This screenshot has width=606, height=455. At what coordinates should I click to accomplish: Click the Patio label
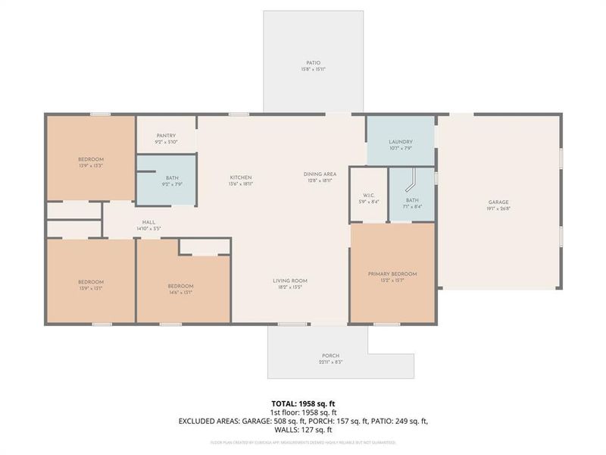pyautogui.click(x=314, y=63)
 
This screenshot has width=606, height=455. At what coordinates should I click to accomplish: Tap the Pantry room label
pyautogui.click(x=165, y=136)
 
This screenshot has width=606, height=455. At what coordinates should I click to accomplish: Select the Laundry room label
pyautogui.click(x=400, y=142)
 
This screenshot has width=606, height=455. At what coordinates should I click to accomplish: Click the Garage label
pyautogui.click(x=498, y=202)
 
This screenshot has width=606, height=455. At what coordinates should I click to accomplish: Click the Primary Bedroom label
pyautogui.click(x=392, y=274)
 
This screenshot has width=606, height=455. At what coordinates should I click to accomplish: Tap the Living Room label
pyautogui.click(x=290, y=281)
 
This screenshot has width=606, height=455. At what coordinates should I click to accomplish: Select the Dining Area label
pyautogui.click(x=320, y=174)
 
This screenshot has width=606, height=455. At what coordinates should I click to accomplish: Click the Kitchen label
pyautogui.click(x=241, y=178)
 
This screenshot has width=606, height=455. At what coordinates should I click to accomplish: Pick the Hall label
pyautogui.click(x=148, y=222)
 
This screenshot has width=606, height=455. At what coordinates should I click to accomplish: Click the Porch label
pyautogui.click(x=330, y=356)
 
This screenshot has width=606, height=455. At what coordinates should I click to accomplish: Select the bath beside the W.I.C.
pyautogui.click(x=411, y=199)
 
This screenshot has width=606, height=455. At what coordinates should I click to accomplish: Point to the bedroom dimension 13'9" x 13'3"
pyautogui.click(x=91, y=165)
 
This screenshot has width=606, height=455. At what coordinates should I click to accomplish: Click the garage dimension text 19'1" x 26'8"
pyautogui.click(x=498, y=209)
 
